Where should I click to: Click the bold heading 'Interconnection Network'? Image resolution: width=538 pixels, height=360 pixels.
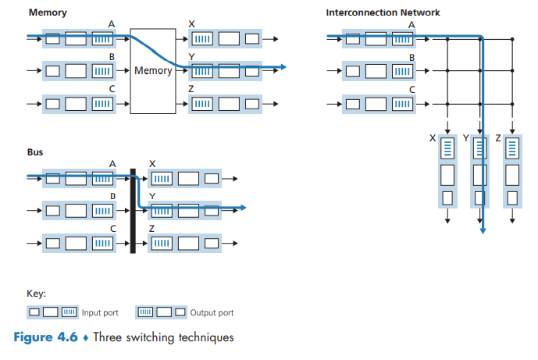coord(383,12)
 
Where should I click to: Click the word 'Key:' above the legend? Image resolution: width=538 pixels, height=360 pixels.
coord(36,294)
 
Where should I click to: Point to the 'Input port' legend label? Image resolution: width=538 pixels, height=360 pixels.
coord(100,313)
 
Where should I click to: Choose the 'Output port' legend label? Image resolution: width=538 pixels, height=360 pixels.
coord(212,313)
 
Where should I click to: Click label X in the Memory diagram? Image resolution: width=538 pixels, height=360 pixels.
coord(192,25)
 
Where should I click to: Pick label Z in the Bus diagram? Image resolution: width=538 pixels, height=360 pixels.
coord(151,228)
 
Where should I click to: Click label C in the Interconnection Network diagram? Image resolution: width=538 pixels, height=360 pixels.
coord(412,89)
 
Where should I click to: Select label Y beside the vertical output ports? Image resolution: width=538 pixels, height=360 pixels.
coord(466,138)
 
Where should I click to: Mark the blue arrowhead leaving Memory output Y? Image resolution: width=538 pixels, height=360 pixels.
coord(283,68)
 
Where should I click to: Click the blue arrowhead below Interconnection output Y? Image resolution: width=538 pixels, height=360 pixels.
coord(484,230)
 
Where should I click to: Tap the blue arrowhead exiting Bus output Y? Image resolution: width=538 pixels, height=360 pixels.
coord(243,208)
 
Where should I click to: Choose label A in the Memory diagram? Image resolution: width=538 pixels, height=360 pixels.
coord(112,25)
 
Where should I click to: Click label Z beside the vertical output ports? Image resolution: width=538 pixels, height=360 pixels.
coord(497,138)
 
